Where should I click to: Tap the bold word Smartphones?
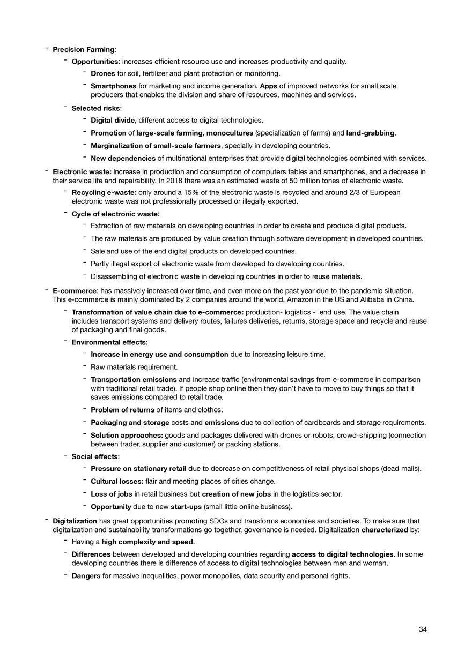tap(113, 86)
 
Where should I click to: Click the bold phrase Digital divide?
tap(113, 121)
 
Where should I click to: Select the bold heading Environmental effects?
tap(109, 342)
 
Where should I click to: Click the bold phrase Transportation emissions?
tap(134, 380)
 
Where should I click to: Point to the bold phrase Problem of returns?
tap(122, 410)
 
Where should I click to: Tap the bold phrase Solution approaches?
tap(127, 436)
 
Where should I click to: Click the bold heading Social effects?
tap(95, 456)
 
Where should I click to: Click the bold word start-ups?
tap(186, 507)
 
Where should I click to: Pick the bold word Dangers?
tap(86, 576)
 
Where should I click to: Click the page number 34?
tap(423, 630)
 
